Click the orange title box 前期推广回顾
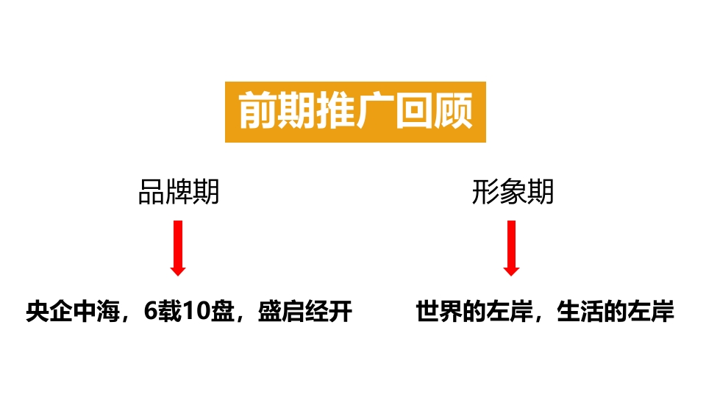(355, 112)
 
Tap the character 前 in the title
(257, 111)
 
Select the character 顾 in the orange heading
(453, 111)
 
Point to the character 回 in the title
(414, 111)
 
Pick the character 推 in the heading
(336, 111)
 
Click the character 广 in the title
(375, 111)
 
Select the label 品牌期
(179, 192)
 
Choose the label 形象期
(513, 192)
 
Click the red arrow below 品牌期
(178, 248)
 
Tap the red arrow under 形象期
(512, 248)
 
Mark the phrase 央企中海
(73, 311)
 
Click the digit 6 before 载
(150, 311)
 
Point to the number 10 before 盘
(196, 311)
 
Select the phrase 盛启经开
(304, 311)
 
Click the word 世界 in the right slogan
(439, 311)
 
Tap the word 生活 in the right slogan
(580, 311)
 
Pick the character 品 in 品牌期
(151, 192)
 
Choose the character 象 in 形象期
(513, 192)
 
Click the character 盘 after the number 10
(222, 311)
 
